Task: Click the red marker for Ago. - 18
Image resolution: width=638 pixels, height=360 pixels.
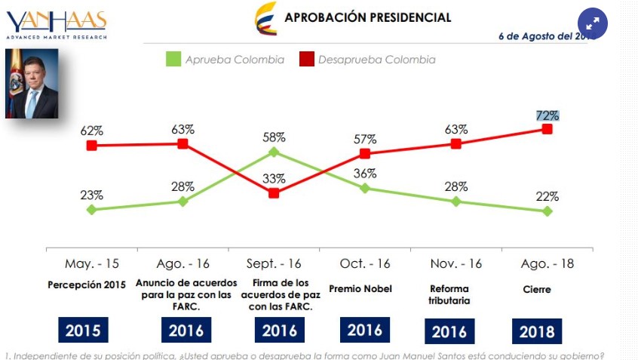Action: pyautogui.click(x=548, y=129)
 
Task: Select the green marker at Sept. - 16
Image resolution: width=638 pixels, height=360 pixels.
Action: pyautogui.click(x=274, y=152)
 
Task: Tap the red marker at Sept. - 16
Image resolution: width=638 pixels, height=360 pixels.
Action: pyautogui.click(x=274, y=193)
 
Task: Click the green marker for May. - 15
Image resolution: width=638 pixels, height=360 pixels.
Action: pyautogui.click(x=91, y=210)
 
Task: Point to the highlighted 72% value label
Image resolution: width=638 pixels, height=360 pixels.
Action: pyautogui.click(x=548, y=115)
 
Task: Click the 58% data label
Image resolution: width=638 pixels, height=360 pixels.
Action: pyautogui.click(x=274, y=137)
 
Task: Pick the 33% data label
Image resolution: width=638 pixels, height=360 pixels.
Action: pyautogui.click(x=274, y=179)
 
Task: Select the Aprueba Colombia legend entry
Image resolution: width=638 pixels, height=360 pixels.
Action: pyautogui.click(x=225, y=59)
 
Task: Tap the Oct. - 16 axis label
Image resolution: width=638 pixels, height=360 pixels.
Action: pyautogui.click(x=365, y=264)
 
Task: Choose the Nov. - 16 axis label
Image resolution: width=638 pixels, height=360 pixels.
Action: pyautogui.click(x=456, y=264)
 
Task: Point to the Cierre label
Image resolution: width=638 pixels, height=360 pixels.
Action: pyautogui.click(x=536, y=289)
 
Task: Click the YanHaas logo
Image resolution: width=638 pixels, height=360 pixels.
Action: pyautogui.click(x=57, y=24)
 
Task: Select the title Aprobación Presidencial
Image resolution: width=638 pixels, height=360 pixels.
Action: pyautogui.click(x=367, y=17)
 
